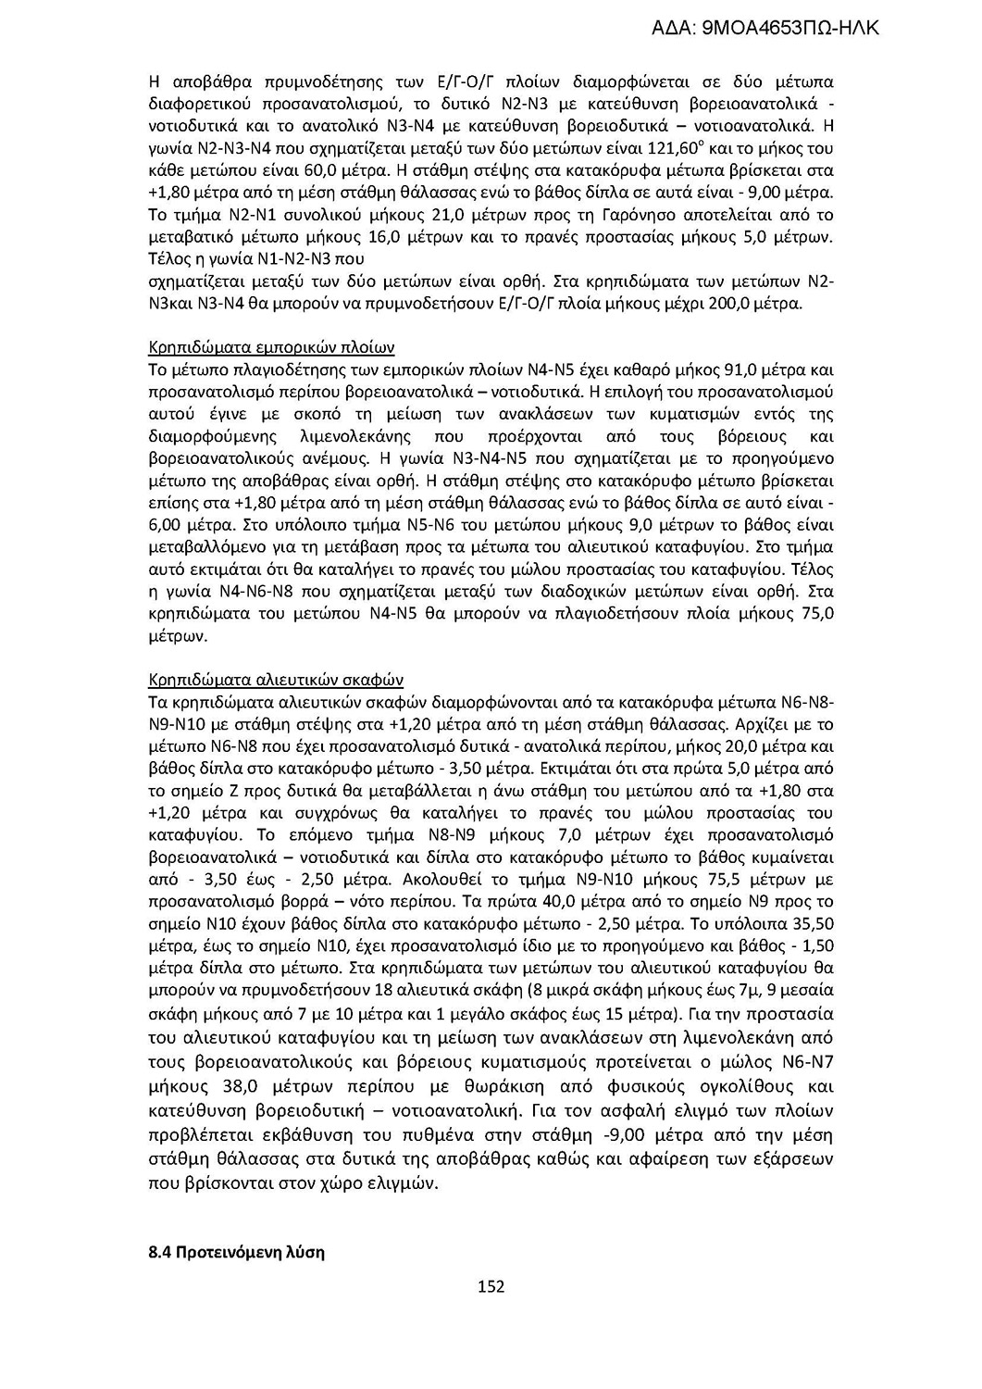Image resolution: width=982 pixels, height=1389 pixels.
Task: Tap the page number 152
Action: click(x=491, y=1285)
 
